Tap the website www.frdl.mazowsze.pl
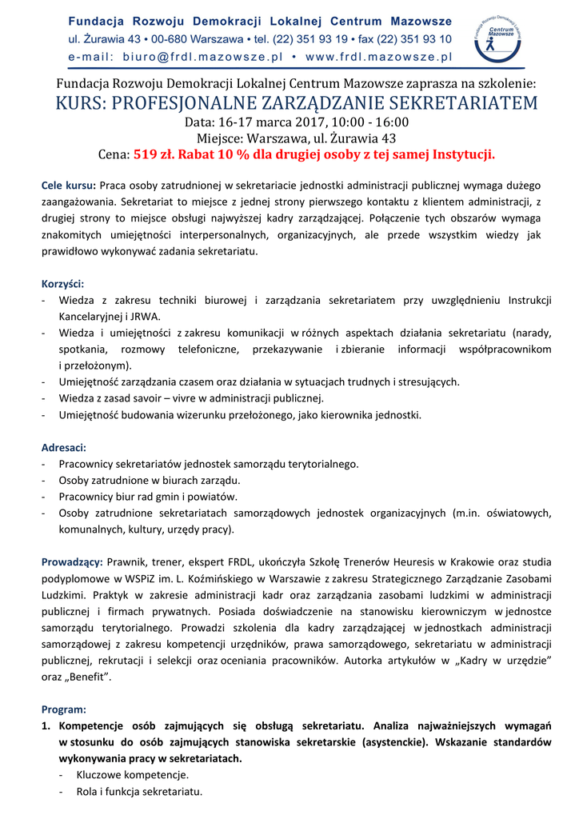click(x=379, y=57)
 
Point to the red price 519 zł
click(x=155, y=155)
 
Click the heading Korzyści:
click(x=62, y=283)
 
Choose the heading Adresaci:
click(x=63, y=447)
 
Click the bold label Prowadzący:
click(x=71, y=562)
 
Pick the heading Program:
click(x=63, y=709)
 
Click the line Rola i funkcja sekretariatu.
click(x=139, y=792)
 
